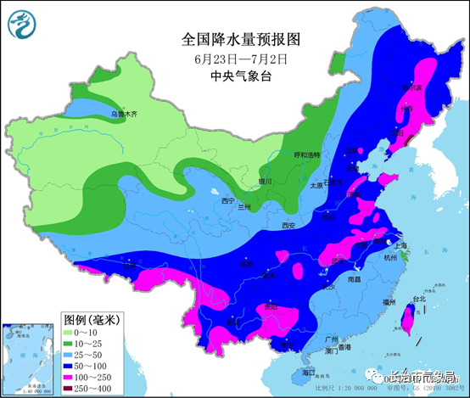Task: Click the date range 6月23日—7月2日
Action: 241,59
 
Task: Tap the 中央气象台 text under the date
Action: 241,76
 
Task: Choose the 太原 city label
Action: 316,184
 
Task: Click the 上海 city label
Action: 402,245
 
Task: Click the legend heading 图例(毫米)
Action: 92,320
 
